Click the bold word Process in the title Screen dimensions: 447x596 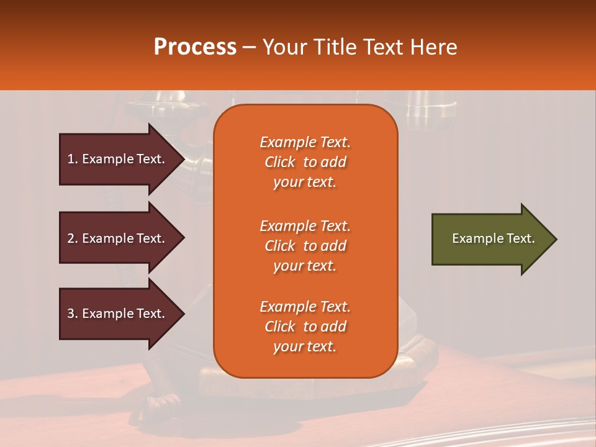[x=195, y=47]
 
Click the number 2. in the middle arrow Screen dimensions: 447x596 [x=73, y=238]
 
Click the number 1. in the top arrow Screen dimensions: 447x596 [x=73, y=159]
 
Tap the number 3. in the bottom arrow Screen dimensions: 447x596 [x=73, y=314]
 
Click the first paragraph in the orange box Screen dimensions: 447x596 [x=305, y=162]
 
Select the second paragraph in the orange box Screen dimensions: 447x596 [x=305, y=246]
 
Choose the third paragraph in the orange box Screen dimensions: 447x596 [x=305, y=327]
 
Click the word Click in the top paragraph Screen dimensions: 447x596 [x=280, y=162]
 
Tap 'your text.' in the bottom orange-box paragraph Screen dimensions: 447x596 [x=305, y=346]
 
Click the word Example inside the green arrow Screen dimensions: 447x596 [x=473, y=238]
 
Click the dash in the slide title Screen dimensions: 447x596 [x=250, y=47]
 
